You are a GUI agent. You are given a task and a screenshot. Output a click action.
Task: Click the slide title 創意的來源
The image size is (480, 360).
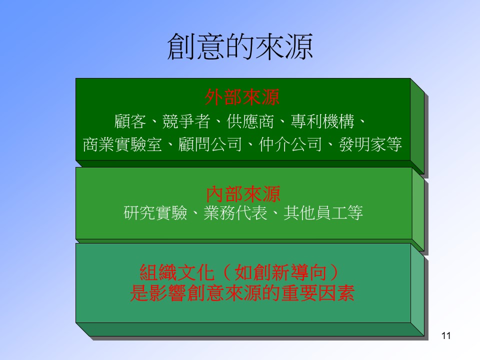click(x=240, y=46)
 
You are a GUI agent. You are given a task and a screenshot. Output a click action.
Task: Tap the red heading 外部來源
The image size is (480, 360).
click(x=242, y=97)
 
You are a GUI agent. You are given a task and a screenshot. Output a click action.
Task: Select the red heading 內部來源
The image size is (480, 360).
click(x=243, y=194)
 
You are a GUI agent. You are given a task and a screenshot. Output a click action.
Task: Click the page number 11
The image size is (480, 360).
click(x=446, y=336)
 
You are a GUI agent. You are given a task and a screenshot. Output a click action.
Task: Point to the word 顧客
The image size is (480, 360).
click(x=130, y=121)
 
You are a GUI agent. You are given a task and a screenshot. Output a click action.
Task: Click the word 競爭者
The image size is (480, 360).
click(x=186, y=121)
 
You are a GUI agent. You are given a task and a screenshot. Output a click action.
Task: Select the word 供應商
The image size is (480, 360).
click(x=250, y=121)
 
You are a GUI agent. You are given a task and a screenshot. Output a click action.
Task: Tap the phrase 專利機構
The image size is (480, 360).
click(x=322, y=121)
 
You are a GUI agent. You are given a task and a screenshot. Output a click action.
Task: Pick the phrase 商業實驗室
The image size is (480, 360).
click(x=122, y=144)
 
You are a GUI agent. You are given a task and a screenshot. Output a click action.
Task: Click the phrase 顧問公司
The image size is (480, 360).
click(x=210, y=144)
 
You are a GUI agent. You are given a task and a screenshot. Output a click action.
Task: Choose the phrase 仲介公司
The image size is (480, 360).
click(x=290, y=144)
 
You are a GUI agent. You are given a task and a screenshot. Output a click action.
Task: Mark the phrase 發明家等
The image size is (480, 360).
click(x=370, y=144)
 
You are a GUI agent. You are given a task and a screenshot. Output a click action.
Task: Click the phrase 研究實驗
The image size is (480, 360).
click(x=155, y=213)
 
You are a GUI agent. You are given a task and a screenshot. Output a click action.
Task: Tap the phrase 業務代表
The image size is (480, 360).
click(x=235, y=213)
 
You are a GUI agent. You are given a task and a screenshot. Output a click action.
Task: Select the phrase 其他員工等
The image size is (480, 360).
click(x=323, y=213)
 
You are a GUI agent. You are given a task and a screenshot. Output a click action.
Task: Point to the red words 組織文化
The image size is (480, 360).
click(x=177, y=272)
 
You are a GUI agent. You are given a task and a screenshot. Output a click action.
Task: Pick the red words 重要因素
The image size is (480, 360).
click(x=317, y=293)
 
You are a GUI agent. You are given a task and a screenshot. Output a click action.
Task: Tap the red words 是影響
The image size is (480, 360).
click(x=158, y=293)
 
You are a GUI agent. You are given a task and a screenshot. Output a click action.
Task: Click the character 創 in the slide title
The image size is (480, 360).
click(x=181, y=46)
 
